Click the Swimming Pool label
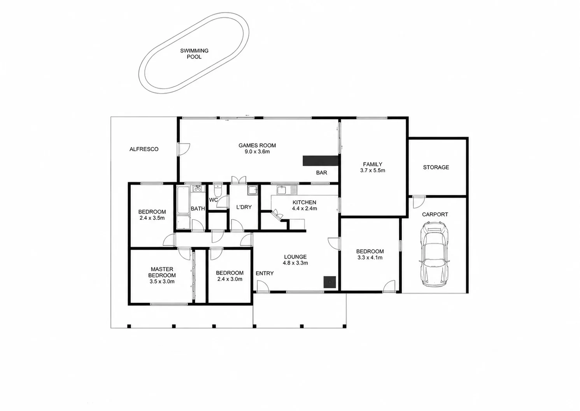(194, 54)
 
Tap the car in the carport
(434, 254)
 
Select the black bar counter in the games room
(321, 161)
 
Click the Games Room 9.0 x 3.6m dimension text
(257, 152)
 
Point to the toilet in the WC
(218, 191)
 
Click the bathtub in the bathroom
(183, 200)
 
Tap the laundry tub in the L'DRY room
(252, 190)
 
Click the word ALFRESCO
(144, 149)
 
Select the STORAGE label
(436, 167)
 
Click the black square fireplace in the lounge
(329, 282)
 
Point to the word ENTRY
(265, 273)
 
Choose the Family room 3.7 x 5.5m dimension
(373, 171)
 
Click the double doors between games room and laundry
(239, 180)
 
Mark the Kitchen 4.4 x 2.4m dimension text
(305, 208)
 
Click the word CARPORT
(435, 214)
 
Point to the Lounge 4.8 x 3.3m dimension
(295, 263)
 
